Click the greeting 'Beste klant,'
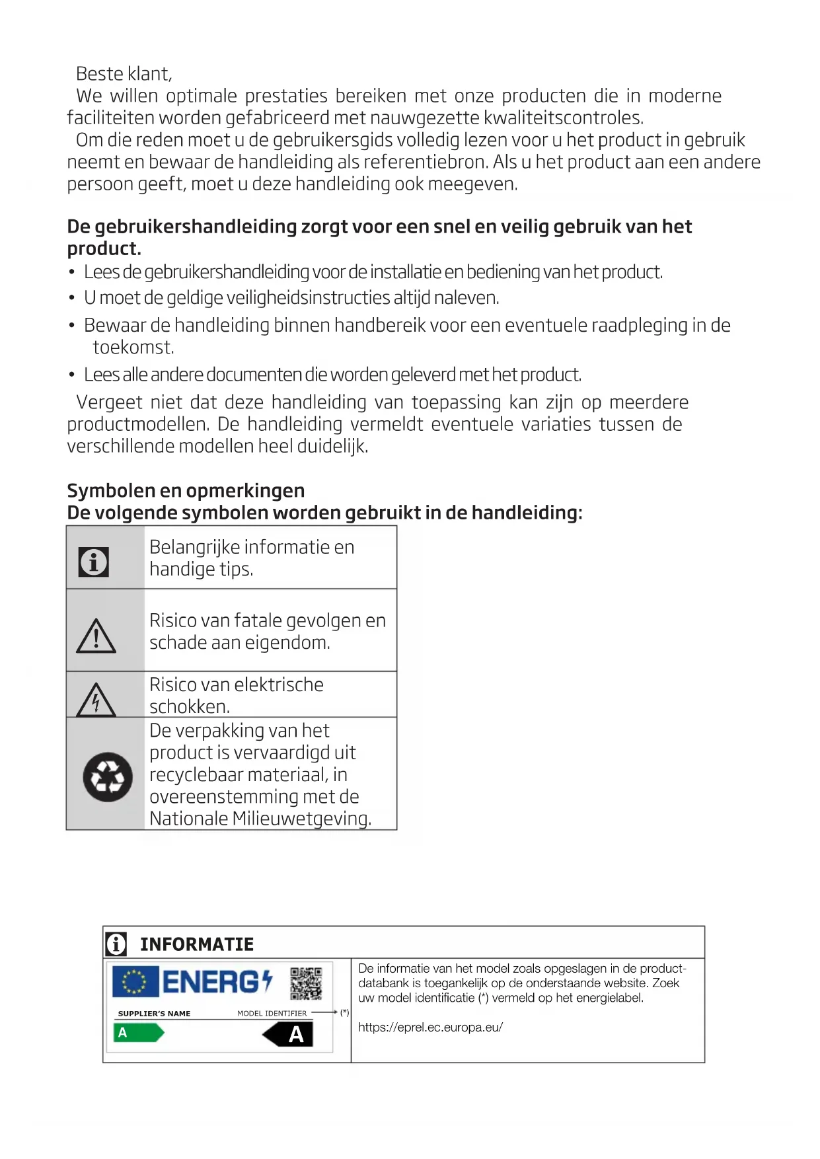(x=124, y=73)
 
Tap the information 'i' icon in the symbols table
(x=94, y=562)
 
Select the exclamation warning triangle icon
(x=96, y=637)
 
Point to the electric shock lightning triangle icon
(x=96, y=700)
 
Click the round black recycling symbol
(x=108, y=777)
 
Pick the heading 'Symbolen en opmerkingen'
(x=186, y=490)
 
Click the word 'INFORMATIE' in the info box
(x=197, y=944)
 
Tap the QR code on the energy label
(x=306, y=984)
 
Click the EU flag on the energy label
(x=135, y=982)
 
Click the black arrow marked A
(x=289, y=1035)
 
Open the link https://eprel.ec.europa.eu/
(x=430, y=1028)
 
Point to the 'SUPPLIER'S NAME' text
(x=154, y=1014)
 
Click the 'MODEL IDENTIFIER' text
(x=272, y=1014)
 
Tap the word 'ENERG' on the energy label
(x=211, y=983)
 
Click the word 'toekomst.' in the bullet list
(x=133, y=348)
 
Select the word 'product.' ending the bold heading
(x=104, y=249)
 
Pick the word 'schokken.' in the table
(x=190, y=707)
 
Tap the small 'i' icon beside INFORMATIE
(x=116, y=944)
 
